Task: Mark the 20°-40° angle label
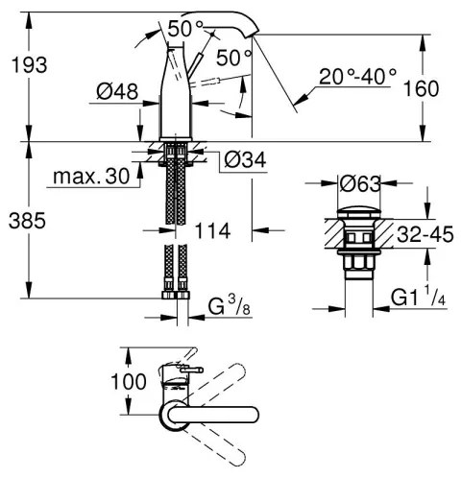pyautogui.click(x=360, y=74)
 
